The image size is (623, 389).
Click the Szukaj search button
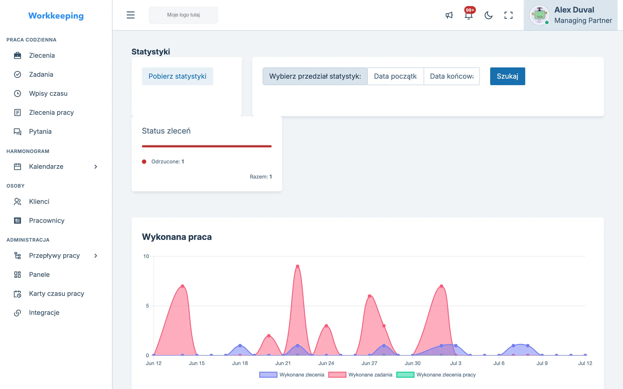tap(507, 76)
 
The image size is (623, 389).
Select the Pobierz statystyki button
tap(177, 76)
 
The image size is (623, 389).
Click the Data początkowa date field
tap(395, 76)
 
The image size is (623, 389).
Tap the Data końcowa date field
tap(451, 76)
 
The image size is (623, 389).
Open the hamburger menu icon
tap(130, 15)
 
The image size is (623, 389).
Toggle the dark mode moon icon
tap(488, 15)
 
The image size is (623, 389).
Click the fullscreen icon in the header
tap(508, 15)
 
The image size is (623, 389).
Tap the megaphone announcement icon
tap(449, 15)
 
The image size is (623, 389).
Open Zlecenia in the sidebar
tap(42, 55)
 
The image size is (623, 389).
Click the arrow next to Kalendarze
tap(96, 167)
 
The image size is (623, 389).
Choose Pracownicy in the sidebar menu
tap(47, 220)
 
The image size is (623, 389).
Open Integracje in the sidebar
tap(44, 312)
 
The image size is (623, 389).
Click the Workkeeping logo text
tap(56, 16)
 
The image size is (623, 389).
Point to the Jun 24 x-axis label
tap(326, 363)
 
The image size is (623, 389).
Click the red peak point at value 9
tap(298, 266)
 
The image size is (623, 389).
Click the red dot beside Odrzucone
tap(144, 162)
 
